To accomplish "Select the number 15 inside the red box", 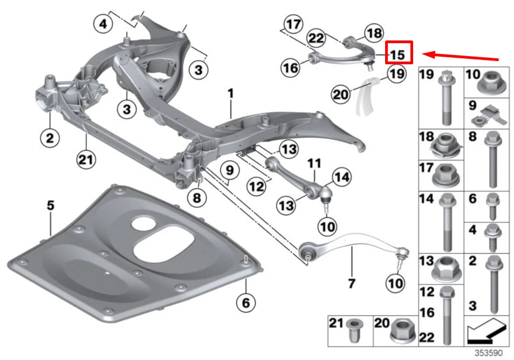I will (398, 54).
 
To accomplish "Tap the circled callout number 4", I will (103, 24).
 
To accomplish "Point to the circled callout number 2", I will (50, 139).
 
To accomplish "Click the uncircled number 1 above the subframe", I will (230, 94).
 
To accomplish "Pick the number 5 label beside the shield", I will (50, 206).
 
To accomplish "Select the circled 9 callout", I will (230, 171).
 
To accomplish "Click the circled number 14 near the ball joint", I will (341, 176).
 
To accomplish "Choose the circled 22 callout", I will (317, 38).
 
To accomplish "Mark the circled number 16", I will (290, 67).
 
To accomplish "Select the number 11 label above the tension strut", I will (314, 162).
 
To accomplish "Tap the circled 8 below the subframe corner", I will (196, 198).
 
